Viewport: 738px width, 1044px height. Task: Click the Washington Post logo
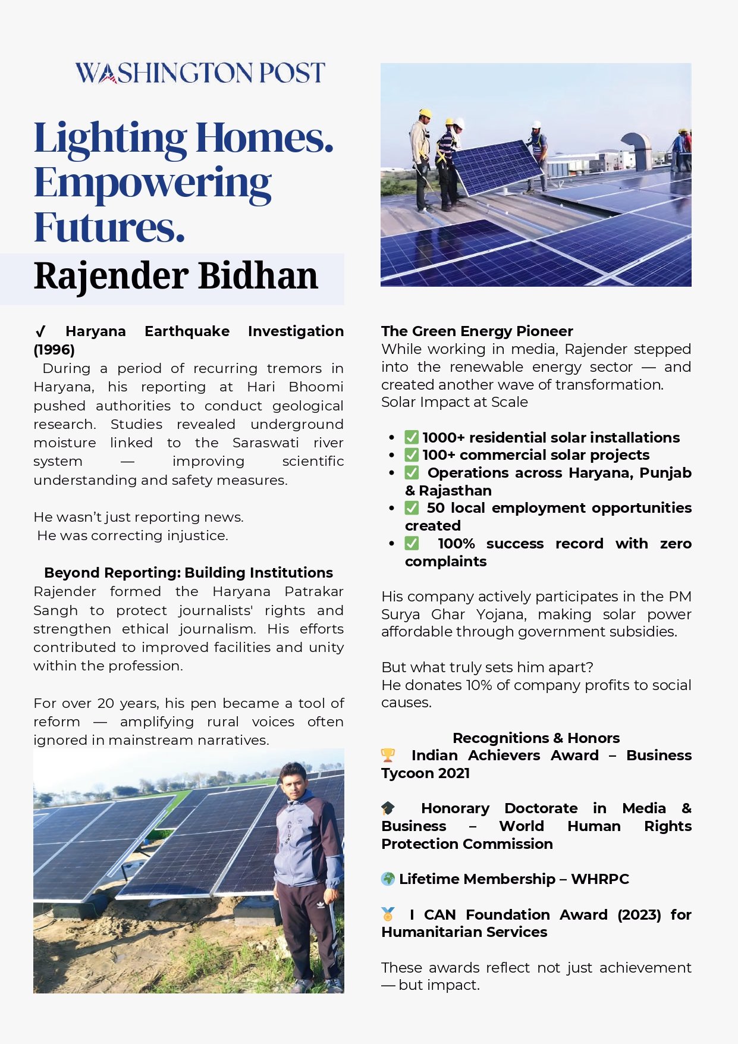pyautogui.click(x=200, y=73)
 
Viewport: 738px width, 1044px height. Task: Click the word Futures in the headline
pyautogui.click(x=109, y=227)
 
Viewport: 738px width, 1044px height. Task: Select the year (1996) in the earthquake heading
pyautogui.click(x=54, y=349)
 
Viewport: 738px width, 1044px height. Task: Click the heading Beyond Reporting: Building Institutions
pyautogui.click(x=188, y=572)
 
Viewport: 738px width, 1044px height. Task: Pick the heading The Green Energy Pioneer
pyautogui.click(x=477, y=331)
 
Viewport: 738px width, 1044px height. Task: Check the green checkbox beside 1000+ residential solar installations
pyautogui.click(x=412, y=437)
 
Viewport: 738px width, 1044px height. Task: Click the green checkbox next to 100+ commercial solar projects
pyautogui.click(x=412, y=455)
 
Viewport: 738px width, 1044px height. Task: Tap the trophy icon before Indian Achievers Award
pyautogui.click(x=388, y=755)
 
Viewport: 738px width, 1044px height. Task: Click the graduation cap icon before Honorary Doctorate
pyautogui.click(x=388, y=808)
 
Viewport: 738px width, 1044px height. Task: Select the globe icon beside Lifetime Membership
pyautogui.click(x=388, y=879)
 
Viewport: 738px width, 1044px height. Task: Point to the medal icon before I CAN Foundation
pyautogui.click(x=388, y=914)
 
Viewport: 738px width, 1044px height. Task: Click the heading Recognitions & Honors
pyautogui.click(x=536, y=738)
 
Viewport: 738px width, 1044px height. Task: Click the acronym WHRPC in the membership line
pyautogui.click(x=599, y=879)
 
